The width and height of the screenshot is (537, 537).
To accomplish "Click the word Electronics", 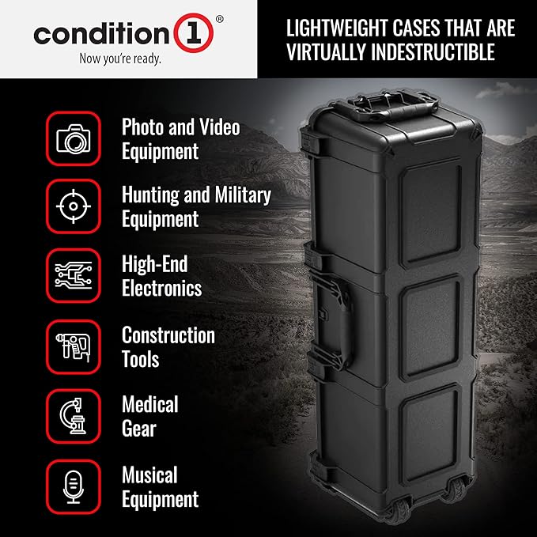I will [x=162, y=289].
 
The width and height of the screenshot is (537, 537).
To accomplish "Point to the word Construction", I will [x=168, y=335].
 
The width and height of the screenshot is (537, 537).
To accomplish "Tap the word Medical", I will [x=150, y=405].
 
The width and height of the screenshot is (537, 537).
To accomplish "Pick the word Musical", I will [x=149, y=475].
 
